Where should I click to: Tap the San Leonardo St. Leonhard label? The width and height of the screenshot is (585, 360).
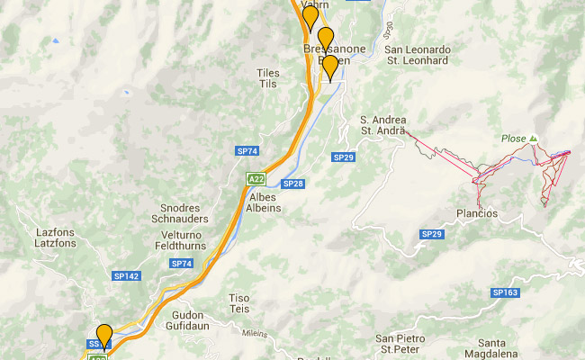(417, 55)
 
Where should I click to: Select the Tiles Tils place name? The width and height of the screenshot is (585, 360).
(268, 77)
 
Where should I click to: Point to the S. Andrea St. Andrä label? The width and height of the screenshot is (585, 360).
(384, 125)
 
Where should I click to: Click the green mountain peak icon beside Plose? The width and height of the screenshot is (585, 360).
(533, 138)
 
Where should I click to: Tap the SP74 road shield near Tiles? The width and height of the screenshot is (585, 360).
(247, 151)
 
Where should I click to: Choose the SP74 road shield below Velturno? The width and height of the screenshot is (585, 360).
(182, 263)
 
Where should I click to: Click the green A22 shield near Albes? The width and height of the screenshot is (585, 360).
(256, 178)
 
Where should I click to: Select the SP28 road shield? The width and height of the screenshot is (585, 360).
(292, 184)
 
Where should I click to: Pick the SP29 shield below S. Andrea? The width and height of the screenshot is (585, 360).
(344, 157)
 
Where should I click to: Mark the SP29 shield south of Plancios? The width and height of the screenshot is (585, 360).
(432, 234)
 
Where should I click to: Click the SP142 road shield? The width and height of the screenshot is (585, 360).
(127, 275)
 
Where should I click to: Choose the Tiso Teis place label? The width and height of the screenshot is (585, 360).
(238, 301)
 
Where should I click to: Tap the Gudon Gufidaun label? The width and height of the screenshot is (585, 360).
(187, 320)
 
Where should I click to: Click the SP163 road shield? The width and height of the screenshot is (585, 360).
(505, 292)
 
